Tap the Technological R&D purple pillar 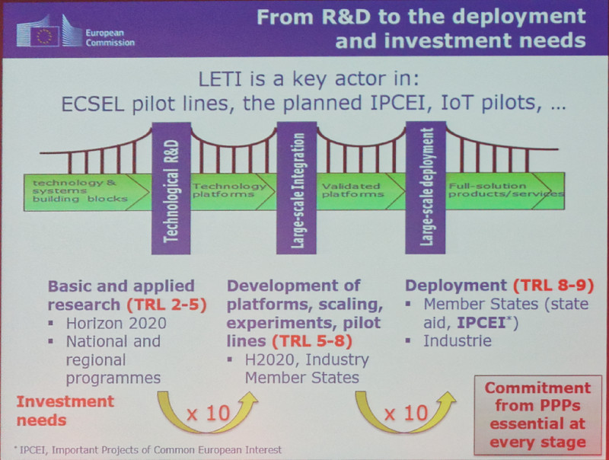(171, 188)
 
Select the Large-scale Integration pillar (296, 188)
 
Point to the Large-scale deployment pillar (426, 187)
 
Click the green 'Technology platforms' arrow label (229, 190)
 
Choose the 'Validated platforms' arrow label (352, 190)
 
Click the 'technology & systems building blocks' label (80, 190)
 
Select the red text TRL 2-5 (167, 305)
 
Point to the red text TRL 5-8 (312, 341)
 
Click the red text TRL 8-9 (554, 286)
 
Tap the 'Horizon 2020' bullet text (116, 323)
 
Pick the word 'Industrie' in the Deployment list (458, 340)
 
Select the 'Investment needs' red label (65, 410)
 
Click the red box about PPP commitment (538, 414)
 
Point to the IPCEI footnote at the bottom (148, 450)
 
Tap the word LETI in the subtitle (220, 79)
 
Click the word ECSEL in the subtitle (93, 104)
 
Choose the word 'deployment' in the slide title (519, 18)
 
